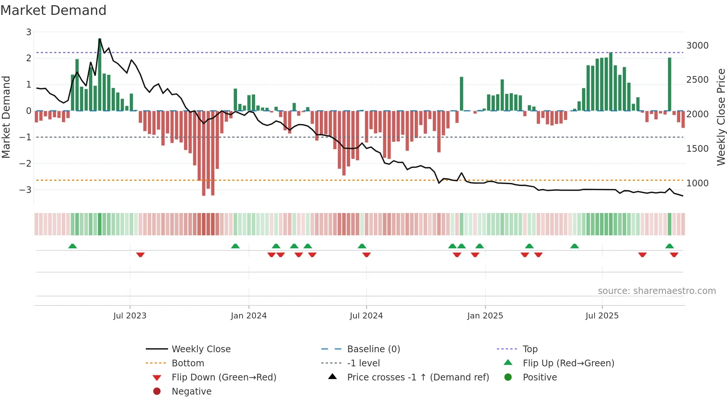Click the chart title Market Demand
click(x=53, y=10)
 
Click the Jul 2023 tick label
click(x=130, y=316)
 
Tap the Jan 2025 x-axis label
click(x=485, y=316)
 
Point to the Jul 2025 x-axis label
click(x=602, y=316)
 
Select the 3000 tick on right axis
click(x=697, y=46)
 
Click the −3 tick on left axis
click(x=25, y=190)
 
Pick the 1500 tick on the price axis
click(x=697, y=149)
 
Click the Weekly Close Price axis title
click(x=721, y=117)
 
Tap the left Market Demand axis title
click(x=6, y=117)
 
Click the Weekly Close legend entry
click(x=201, y=349)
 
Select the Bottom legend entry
click(x=188, y=363)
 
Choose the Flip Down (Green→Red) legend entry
click(x=224, y=377)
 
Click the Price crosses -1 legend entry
click(x=418, y=377)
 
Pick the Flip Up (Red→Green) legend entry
click(x=568, y=363)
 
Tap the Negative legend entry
click(x=191, y=392)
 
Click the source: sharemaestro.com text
click(x=657, y=291)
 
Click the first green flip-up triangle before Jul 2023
click(x=73, y=246)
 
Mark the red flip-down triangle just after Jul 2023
click(x=140, y=255)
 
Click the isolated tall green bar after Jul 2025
click(x=670, y=85)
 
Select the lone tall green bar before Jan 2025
click(x=461, y=94)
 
